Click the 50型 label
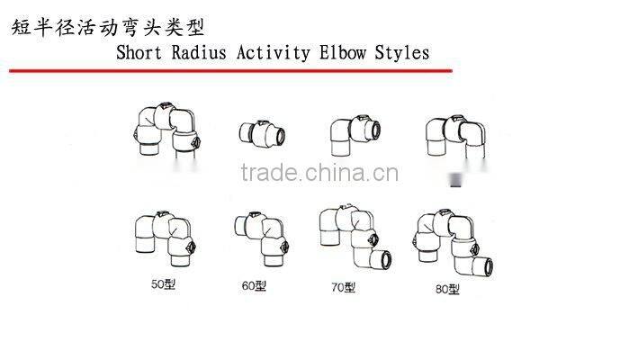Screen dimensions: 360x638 click(x=165, y=285)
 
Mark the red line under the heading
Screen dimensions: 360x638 click(x=229, y=68)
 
